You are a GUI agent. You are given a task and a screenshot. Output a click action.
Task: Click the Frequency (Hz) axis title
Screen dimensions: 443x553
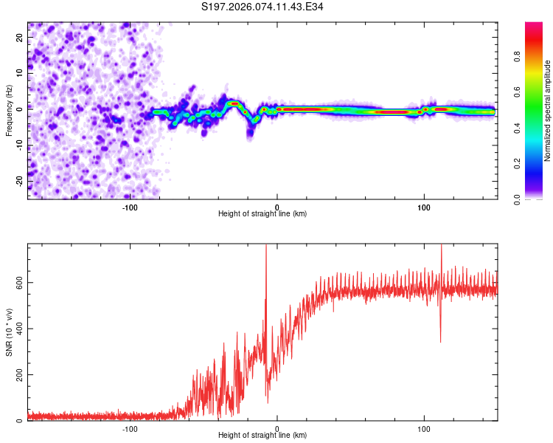[x=9, y=110]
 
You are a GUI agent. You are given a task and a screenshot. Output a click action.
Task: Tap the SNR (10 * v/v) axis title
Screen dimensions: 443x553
[x=9, y=331]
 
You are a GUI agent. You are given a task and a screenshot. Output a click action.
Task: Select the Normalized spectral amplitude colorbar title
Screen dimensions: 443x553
[x=548, y=111]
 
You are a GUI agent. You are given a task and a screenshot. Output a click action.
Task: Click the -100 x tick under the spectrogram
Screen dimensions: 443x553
[x=130, y=207]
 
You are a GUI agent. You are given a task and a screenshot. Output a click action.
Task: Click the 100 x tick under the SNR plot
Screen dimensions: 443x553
[x=424, y=428]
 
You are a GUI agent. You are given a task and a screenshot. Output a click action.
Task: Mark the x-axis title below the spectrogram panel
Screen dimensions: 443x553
[x=262, y=214]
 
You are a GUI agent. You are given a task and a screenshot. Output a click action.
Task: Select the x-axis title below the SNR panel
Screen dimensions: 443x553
[x=262, y=436]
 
